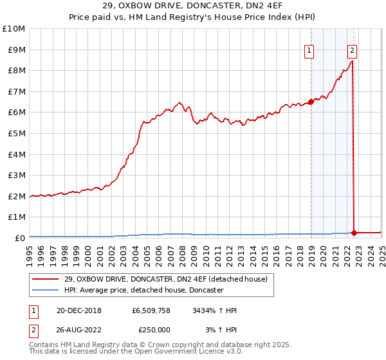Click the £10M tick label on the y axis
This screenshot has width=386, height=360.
(x=14, y=29)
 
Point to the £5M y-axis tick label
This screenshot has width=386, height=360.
(x=16, y=133)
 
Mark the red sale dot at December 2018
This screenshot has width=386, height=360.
(x=311, y=102)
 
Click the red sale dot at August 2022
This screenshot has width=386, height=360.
(x=354, y=233)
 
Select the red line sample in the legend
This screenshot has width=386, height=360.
(x=45, y=279)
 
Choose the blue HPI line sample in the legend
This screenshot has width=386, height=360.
(x=45, y=290)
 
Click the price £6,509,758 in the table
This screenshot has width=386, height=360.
(x=151, y=310)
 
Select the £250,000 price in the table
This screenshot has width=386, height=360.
(x=154, y=329)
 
